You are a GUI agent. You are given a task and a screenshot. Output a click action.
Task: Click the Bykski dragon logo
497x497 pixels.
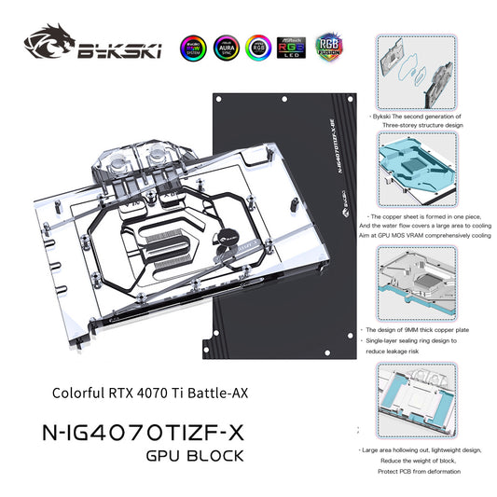point(51,44)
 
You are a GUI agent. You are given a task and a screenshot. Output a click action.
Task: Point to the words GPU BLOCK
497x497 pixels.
point(195,456)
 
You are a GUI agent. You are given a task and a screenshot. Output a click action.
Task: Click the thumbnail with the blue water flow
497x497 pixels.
point(414,173)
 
